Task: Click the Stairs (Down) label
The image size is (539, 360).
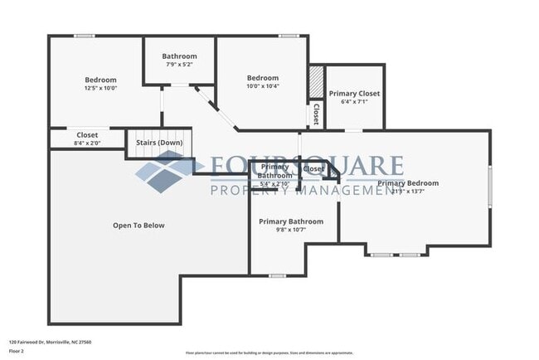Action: [x=159, y=143]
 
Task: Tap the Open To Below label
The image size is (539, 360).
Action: [x=138, y=225]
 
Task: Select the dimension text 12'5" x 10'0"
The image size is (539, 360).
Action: [x=101, y=88]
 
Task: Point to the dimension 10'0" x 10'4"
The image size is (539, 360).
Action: [x=262, y=86]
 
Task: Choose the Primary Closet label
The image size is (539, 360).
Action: [x=354, y=94]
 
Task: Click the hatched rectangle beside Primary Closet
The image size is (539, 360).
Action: [x=315, y=82]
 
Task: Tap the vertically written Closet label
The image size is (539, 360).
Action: [x=316, y=114]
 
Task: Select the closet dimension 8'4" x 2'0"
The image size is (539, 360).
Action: [x=87, y=144]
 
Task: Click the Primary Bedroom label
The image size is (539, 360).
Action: [x=408, y=183]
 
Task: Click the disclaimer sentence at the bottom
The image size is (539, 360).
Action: [x=269, y=353]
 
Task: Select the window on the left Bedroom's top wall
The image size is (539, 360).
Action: [x=84, y=36]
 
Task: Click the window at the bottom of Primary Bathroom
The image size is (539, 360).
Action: [x=278, y=275]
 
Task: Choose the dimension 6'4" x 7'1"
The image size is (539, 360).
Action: [x=354, y=102]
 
